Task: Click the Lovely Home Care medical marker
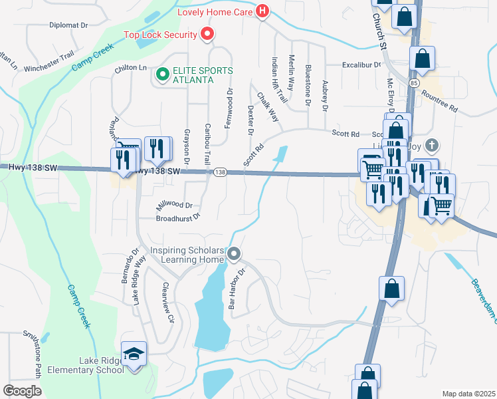pyautogui.click(x=262, y=11)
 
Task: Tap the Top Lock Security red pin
pyautogui.click(x=207, y=35)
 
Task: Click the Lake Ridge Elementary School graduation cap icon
pyautogui.click(x=134, y=353)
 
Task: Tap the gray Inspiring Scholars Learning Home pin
pyautogui.click(x=233, y=253)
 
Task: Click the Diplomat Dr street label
pyautogui.click(x=68, y=25)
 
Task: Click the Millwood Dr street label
pyautogui.click(x=174, y=205)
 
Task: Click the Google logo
pyautogui.click(x=22, y=391)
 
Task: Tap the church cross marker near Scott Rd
pyautogui.click(x=432, y=145)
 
